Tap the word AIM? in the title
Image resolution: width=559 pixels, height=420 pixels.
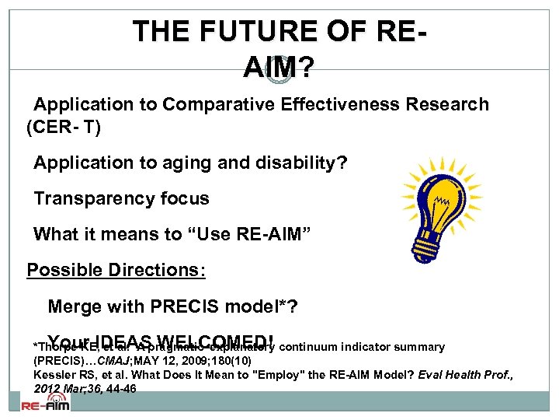click(279, 69)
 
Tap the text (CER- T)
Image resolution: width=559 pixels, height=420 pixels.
click(64, 128)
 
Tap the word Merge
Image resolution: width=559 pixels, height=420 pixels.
click(75, 306)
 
